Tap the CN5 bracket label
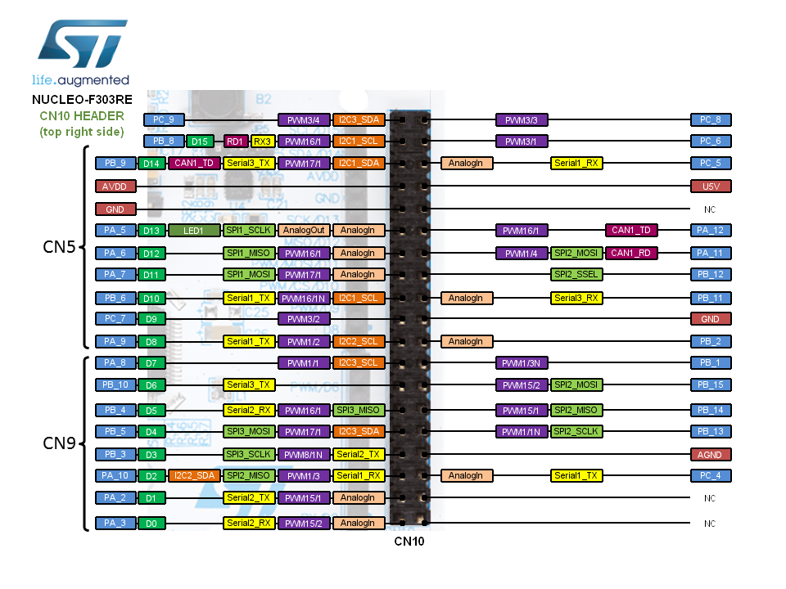click(x=59, y=246)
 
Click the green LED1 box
click(x=193, y=230)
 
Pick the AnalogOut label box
click(x=303, y=230)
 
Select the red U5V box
click(x=710, y=186)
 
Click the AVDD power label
click(x=115, y=186)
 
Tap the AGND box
click(x=710, y=454)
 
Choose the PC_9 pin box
click(x=164, y=119)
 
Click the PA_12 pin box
click(x=710, y=230)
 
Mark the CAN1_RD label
click(x=631, y=253)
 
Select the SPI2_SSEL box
click(x=576, y=274)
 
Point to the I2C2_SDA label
click(x=194, y=475)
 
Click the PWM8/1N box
click(x=303, y=454)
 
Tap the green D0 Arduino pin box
click(x=151, y=523)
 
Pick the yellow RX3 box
click(x=262, y=141)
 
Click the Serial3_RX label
click(x=576, y=298)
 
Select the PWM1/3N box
click(x=521, y=362)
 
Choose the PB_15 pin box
click(x=710, y=384)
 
